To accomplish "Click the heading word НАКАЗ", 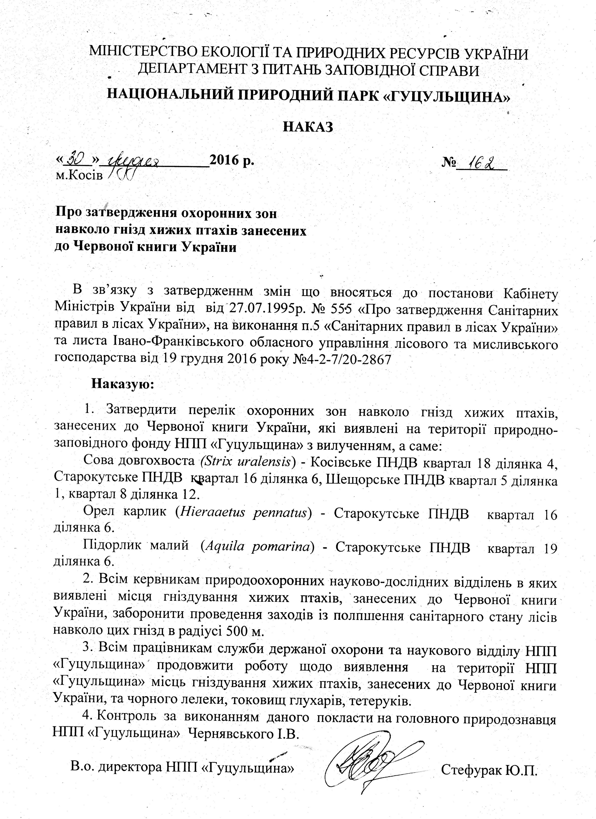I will click(307, 127).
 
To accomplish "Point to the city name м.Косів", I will click(79, 176).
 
